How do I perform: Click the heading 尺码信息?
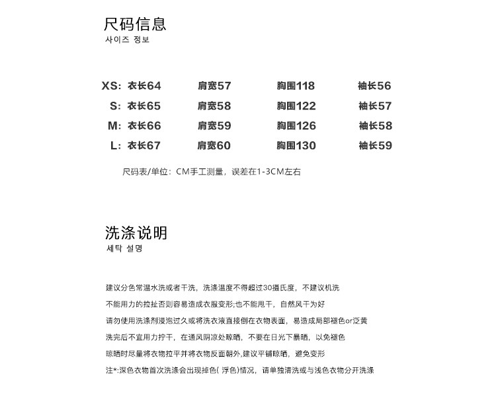pyautogui.click(x=135, y=25)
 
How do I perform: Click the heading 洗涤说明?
pyautogui.click(x=136, y=233)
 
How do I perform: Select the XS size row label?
pyautogui.click(x=112, y=86)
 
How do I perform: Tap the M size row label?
pyautogui.click(x=115, y=126)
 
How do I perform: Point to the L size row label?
pyautogui.click(x=116, y=145)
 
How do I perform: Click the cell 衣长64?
pyautogui.click(x=144, y=86)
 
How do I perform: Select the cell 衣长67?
pyautogui.click(x=144, y=145)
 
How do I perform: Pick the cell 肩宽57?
pyautogui.click(x=214, y=86)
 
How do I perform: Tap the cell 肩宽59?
pyautogui.click(x=214, y=126)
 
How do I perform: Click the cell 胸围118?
pyautogui.click(x=296, y=86)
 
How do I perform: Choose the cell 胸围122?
pyautogui.click(x=296, y=106)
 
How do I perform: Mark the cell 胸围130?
pyautogui.click(x=296, y=145)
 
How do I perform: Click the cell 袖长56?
pyautogui.click(x=375, y=86)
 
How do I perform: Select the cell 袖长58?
pyautogui.click(x=375, y=126)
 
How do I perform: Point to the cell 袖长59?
pyautogui.click(x=375, y=145)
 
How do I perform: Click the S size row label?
pyautogui.click(x=116, y=106)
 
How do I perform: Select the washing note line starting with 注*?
pyautogui.click(x=239, y=371)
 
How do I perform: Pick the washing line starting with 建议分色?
pyautogui.click(x=222, y=288)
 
